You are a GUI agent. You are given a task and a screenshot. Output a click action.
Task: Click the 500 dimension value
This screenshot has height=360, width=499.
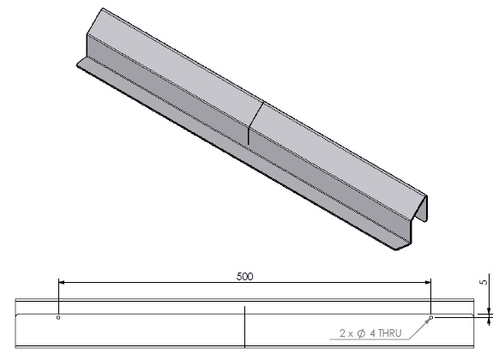click(244, 278)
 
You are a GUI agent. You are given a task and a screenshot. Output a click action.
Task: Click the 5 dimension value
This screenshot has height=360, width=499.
click(484, 280)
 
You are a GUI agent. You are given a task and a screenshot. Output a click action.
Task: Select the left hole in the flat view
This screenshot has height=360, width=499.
click(57, 317)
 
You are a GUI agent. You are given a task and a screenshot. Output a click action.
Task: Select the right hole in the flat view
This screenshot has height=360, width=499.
click(431, 317)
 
